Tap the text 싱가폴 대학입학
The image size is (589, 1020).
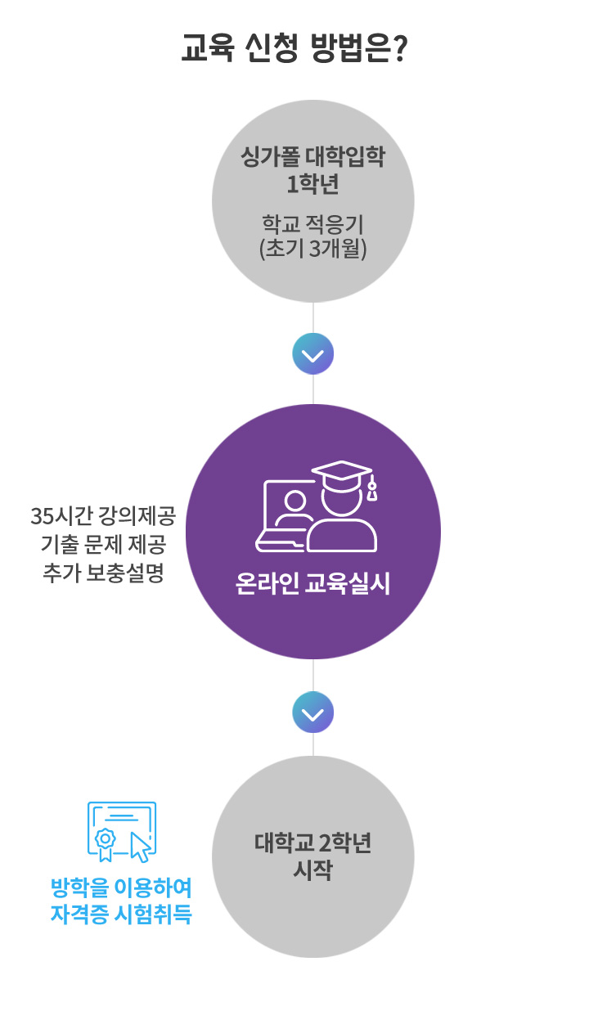point(312,157)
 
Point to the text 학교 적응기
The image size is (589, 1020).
point(312,223)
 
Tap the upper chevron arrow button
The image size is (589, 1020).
point(313,354)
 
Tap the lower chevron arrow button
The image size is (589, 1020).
point(313,713)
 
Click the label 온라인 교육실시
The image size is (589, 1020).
point(312,585)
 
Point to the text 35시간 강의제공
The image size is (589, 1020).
point(103,517)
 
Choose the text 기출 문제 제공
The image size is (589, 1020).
point(103,545)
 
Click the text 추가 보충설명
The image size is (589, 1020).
point(103,573)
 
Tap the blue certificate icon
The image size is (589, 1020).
point(120,829)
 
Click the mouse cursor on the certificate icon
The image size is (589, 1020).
point(141,847)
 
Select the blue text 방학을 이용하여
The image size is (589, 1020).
point(121,887)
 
